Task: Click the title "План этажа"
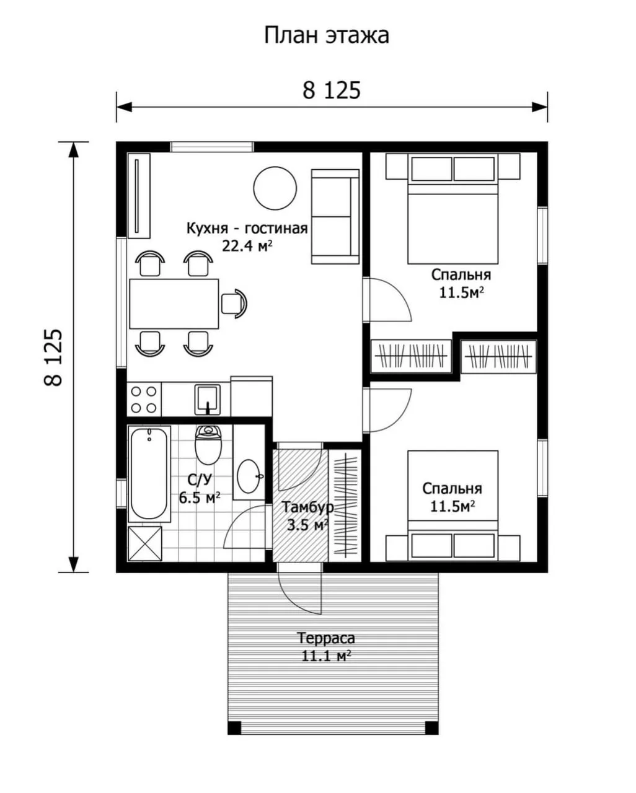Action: click(326, 36)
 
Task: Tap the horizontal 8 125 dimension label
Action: click(331, 90)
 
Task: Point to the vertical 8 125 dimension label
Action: click(53, 357)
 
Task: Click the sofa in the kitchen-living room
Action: click(335, 217)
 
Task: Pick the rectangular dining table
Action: click(174, 304)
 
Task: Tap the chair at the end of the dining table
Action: click(234, 304)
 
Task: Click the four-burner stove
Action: click(144, 400)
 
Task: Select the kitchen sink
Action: click(208, 400)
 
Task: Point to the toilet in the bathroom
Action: click(208, 445)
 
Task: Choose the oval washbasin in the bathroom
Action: click(249, 476)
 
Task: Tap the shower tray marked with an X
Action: click(145, 543)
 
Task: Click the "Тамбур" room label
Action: click(307, 508)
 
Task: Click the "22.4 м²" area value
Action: click(247, 246)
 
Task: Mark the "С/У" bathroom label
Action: click(200, 480)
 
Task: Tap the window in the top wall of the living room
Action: click(212, 147)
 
